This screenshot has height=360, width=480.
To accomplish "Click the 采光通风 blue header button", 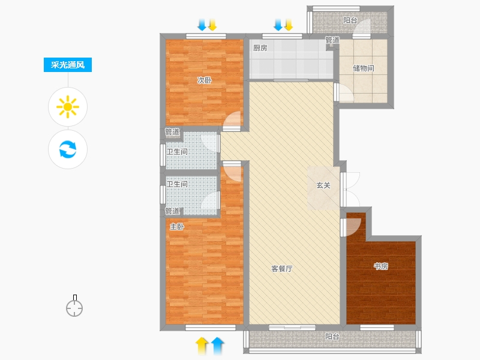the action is tap(68, 65).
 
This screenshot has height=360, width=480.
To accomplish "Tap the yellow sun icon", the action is tap(68, 107).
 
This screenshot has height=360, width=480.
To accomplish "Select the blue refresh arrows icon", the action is tap(68, 149).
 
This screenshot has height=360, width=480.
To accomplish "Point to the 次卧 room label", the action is tap(205, 80).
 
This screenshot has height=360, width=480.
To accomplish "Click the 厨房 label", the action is tap(260, 48).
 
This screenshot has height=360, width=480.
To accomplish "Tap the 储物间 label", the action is tap(364, 68).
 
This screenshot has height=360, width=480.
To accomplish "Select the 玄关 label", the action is tap(323, 185).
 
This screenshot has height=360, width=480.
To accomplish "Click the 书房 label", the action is tap(381, 266).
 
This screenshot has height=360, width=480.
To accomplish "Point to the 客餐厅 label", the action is tap(282, 269).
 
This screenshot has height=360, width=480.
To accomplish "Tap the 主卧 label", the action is tap(177, 227).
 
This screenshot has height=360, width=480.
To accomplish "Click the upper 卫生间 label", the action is tap(177, 152).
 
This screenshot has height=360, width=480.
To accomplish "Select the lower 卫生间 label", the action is tap(177, 184).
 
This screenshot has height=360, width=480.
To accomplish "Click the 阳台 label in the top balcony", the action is tap(350, 20).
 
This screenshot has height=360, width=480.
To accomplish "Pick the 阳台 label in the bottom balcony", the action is tap(332, 337).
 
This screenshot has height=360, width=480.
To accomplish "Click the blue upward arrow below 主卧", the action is tap(217, 346).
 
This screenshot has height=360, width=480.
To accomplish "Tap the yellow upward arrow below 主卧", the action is tap(202, 346).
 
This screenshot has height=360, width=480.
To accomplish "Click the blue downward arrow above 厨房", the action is tap(278, 25).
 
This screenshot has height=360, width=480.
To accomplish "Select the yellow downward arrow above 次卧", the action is tap(212, 25).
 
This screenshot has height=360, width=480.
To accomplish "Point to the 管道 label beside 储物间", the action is tap(332, 40).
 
